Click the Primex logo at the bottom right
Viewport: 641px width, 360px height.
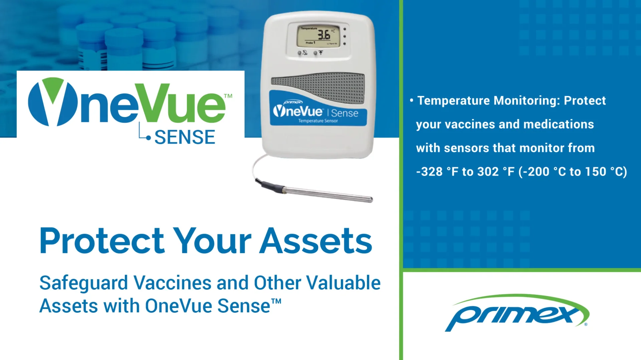tap(517, 313)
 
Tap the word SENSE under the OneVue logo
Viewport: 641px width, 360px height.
tap(185, 137)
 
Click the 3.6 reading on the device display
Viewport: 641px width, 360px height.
tap(323, 35)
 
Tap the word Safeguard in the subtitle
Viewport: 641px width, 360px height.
tap(83, 283)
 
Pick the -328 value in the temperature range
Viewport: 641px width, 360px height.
tap(429, 172)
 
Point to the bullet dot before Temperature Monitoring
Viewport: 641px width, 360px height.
tap(412, 100)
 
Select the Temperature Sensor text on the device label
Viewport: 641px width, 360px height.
tap(318, 121)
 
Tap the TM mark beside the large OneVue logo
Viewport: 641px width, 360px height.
tap(228, 96)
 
